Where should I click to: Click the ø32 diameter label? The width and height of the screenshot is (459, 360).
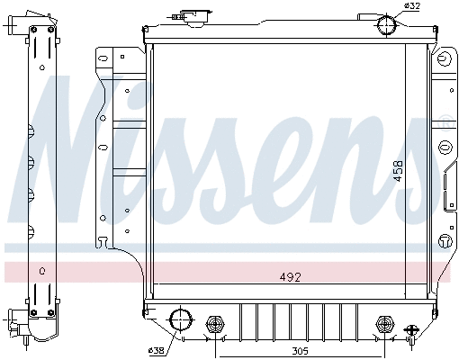(412, 7)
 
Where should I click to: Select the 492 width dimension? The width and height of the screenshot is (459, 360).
(289, 277)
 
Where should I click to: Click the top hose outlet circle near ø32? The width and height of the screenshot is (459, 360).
(387, 24)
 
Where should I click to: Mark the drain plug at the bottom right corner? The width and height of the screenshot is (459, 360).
(411, 332)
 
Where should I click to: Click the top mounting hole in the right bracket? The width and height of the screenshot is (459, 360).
(444, 62)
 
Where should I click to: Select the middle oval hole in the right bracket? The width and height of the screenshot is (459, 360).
(444, 147)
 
